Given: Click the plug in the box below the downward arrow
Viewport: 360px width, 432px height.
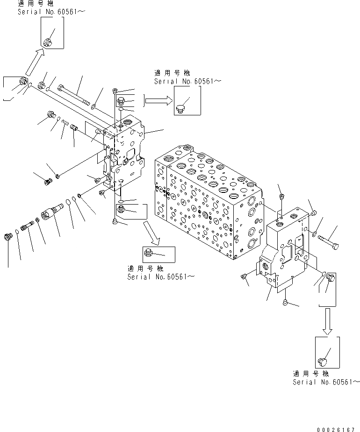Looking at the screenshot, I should coord(322,361).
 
